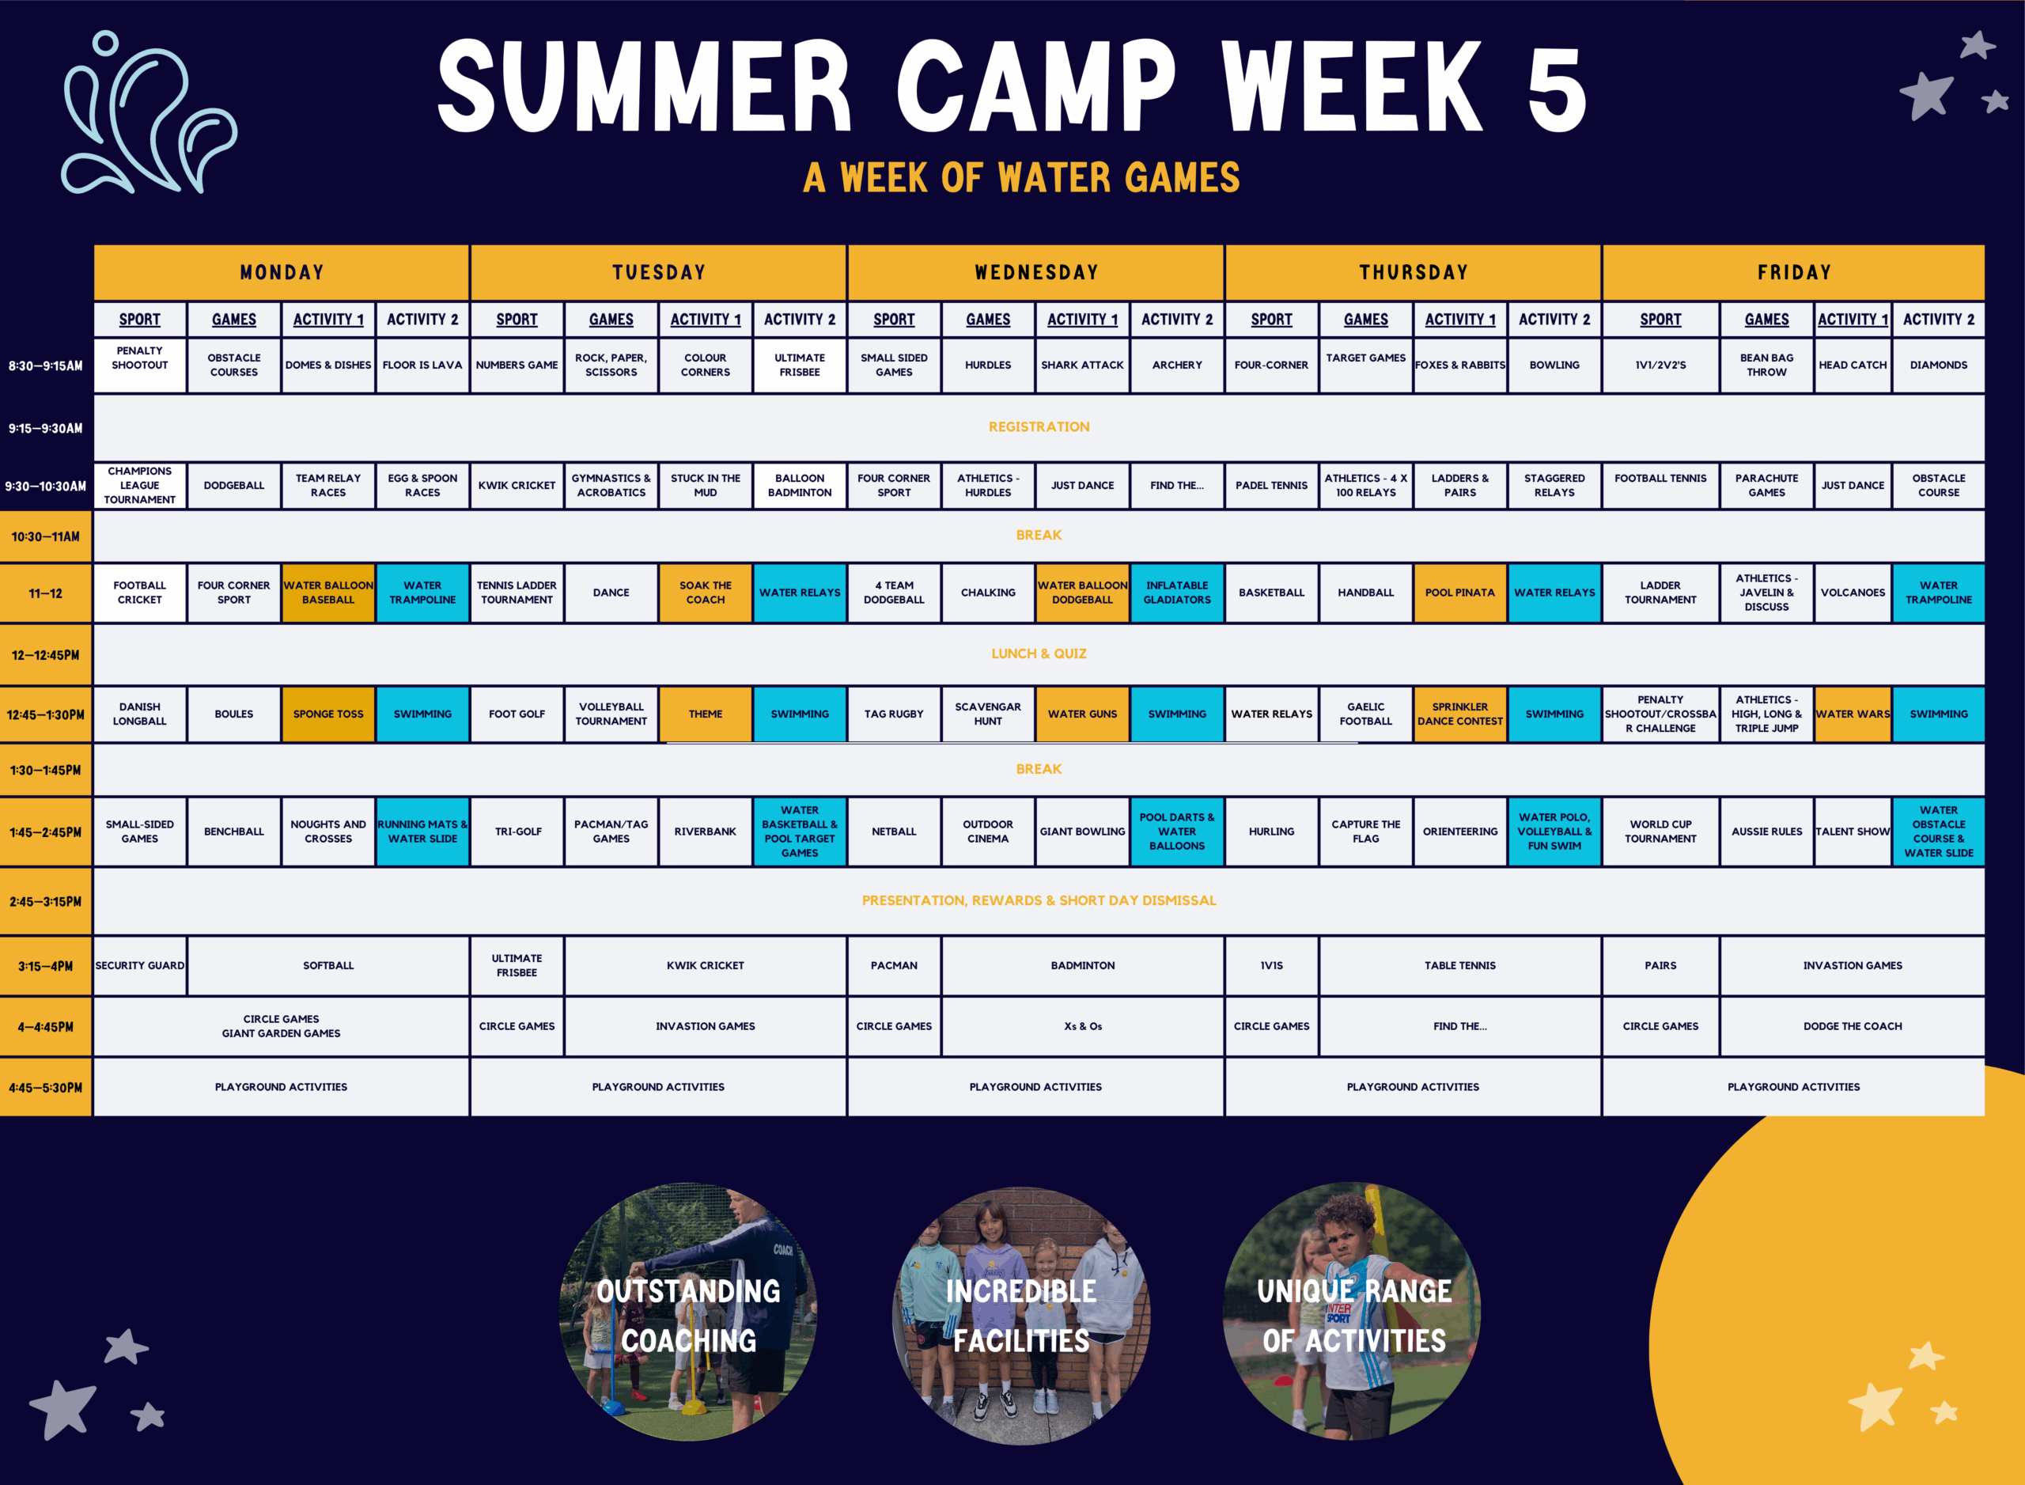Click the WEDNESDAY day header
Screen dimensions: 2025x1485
pyautogui.click(x=1035, y=272)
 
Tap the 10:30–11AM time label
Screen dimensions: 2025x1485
pyautogui.click(x=46, y=536)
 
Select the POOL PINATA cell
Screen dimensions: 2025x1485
pyautogui.click(x=1459, y=593)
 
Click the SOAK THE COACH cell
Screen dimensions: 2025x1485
pyautogui.click(x=706, y=593)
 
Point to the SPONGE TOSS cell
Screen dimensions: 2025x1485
pyautogui.click(x=328, y=714)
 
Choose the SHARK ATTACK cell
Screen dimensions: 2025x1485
pyautogui.click(x=1082, y=365)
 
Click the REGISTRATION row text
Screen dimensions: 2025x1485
pyautogui.click(x=1039, y=427)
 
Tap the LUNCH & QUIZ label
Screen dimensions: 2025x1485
pyautogui.click(x=1039, y=653)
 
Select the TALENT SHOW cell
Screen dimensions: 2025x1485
pyautogui.click(x=1853, y=832)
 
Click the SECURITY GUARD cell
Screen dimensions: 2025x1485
pyautogui.click(x=139, y=965)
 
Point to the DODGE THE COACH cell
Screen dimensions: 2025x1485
pyautogui.click(x=1853, y=1025)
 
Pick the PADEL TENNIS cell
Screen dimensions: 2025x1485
pyautogui.click(x=1271, y=486)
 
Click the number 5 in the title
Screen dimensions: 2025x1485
pyautogui.click(x=1557, y=88)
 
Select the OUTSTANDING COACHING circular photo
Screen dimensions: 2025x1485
pyautogui.click(x=688, y=1312)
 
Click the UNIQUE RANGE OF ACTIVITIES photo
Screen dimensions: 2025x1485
pyautogui.click(x=1353, y=1312)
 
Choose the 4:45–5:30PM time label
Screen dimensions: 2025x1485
pyautogui.click(x=46, y=1087)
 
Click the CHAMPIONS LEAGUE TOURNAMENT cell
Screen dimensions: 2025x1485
pyautogui.click(x=139, y=486)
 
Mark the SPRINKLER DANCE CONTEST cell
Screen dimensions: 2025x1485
pyautogui.click(x=1459, y=714)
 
